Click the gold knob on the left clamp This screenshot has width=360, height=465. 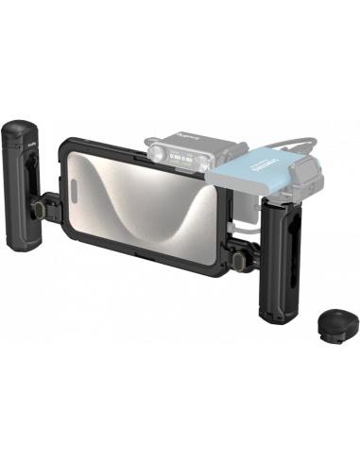[71, 198]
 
